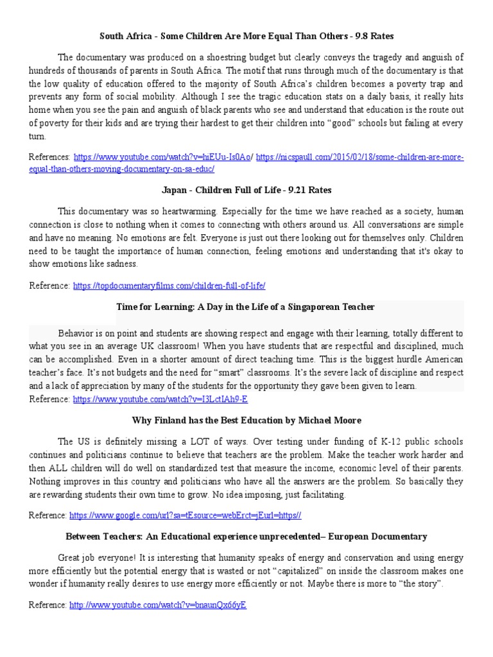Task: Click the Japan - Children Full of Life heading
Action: pos(246,190)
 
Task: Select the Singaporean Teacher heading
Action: pos(246,307)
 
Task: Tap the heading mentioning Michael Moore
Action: pos(246,420)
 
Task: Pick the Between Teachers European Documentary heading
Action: pos(246,536)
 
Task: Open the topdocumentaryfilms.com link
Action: pos(169,286)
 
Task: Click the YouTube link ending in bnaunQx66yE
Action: pos(158,605)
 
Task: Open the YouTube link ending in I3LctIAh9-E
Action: pos(160,399)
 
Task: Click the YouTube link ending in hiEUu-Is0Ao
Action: pos(163,157)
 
